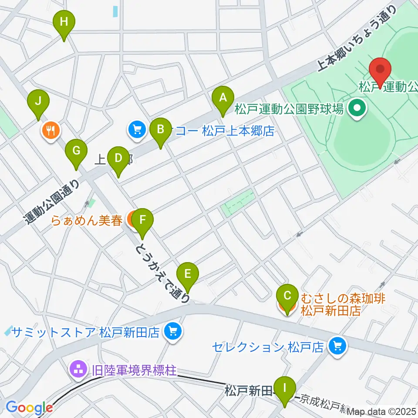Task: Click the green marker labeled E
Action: (188, 275)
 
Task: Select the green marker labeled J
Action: (38, 102)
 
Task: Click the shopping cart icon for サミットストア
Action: (173, 332)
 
